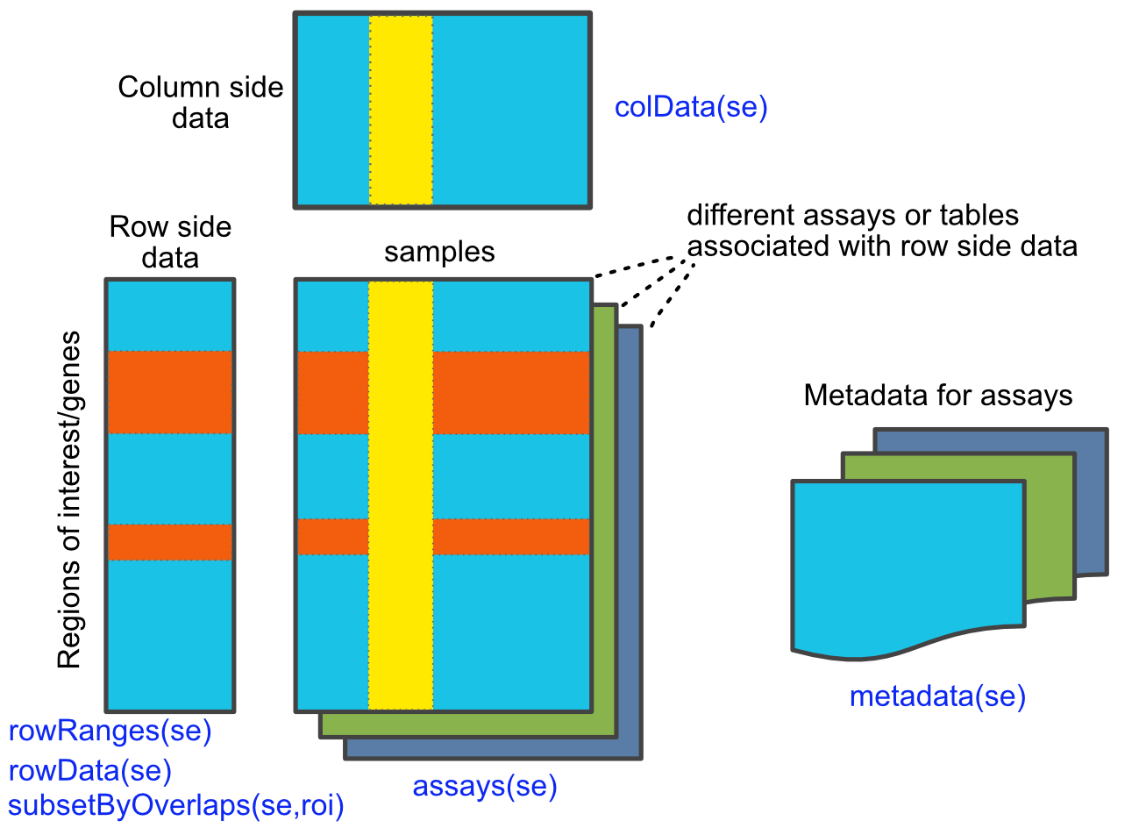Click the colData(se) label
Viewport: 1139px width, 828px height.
[x=690, y=107]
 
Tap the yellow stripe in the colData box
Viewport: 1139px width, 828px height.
[x=401, y=110]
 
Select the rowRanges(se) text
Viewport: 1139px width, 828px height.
[x=110, y=731]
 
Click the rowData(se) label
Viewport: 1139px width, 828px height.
[x=89, y=770]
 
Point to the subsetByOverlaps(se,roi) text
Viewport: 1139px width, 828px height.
[x=175, y=804]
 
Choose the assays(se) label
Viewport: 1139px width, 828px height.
[x=484, y=786]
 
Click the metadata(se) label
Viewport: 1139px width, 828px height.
[x=936, y=696]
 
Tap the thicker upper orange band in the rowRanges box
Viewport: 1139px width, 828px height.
[x=169, y=392]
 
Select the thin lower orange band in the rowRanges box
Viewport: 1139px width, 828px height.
[x=169, y=541]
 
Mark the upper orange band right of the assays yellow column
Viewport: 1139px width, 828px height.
[x=510, y=392]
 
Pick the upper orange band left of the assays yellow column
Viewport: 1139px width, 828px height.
[x=332, y=392]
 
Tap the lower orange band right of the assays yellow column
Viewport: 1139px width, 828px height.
[x=510, y=536]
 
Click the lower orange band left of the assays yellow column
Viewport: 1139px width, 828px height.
[x=332, y=536]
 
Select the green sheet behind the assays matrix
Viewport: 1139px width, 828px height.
[x=604, y=526]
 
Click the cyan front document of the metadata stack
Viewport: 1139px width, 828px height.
[x=908, y=561]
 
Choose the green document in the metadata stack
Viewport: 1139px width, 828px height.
[x=1049, y=526]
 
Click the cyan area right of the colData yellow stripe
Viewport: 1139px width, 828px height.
[x=510, y=110]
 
